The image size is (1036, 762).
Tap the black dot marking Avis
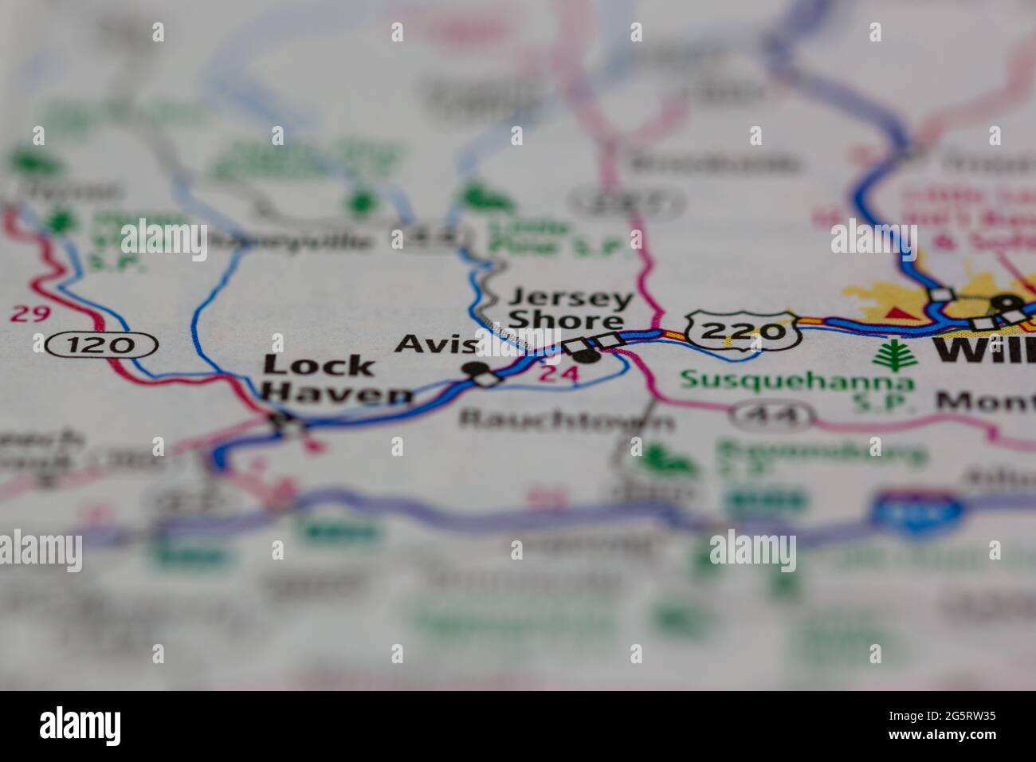coord(477,369)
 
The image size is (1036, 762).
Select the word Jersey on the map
coord(571,300)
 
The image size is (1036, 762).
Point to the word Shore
coord(566,320)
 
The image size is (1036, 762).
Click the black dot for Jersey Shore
coord(587,353)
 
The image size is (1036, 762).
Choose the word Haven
coord(338,393)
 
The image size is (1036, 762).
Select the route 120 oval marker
coord(102,345)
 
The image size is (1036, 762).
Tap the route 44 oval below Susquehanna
coord(774,414)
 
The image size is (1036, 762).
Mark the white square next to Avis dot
coord(488,379)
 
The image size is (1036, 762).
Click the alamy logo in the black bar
coord(81,725)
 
